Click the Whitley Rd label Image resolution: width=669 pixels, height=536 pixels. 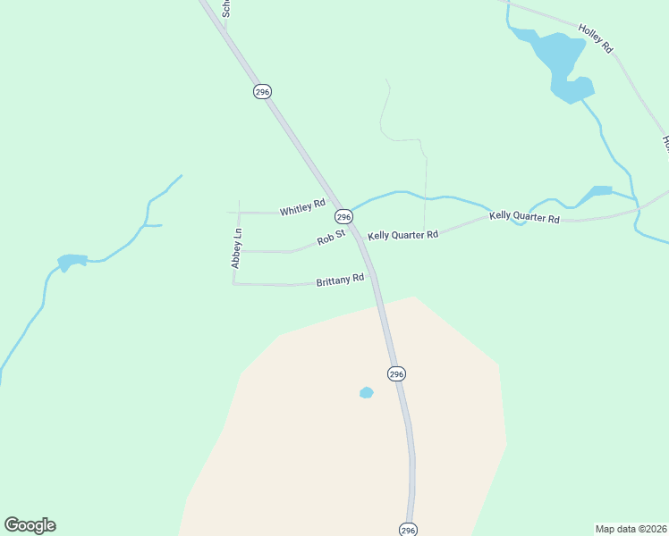point(302,208)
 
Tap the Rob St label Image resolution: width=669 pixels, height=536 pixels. point(331,239)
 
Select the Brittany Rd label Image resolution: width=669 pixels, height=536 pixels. point(340,280)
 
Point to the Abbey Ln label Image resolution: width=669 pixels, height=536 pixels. point(237,249)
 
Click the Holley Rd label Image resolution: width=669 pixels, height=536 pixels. point(596,38)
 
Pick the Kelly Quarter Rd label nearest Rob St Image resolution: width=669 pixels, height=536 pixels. point(403,234)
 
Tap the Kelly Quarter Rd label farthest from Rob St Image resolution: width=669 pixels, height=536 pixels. point(524,217)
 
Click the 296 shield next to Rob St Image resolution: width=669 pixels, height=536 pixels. point(343,217)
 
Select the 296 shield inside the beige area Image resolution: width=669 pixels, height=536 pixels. point(397,373)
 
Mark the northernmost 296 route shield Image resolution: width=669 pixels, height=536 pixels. point(262,92)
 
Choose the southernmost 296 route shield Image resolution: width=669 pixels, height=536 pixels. point(408,529)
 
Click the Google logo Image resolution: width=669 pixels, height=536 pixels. point(30,525)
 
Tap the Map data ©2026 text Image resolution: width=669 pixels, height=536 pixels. point(631,528)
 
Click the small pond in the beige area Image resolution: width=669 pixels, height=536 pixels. point(366,392)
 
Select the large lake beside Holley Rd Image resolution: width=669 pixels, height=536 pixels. point(559,63)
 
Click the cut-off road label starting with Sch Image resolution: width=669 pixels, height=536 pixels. point(227,8)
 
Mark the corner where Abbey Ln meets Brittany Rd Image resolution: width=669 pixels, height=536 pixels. point(234,284)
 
